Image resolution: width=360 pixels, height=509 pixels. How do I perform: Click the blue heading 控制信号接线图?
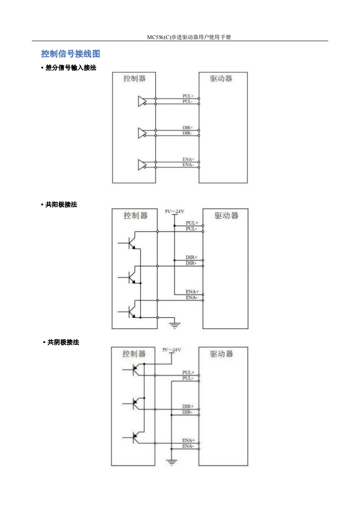(x=70, y=54)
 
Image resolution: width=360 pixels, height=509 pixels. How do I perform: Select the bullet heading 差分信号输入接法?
(x=71, y=68)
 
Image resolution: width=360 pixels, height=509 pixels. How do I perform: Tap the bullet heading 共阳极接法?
(x=61, y=205)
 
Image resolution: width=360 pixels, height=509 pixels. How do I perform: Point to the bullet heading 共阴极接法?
(x=63, y=343)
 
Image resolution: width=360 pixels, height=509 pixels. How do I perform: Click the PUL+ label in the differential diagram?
(x=188, y=96)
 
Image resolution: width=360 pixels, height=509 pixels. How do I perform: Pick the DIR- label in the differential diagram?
(x=187, y=133)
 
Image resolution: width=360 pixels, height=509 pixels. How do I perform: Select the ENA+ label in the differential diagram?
(x=188, y=159)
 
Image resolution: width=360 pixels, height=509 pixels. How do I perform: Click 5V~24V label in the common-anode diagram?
(x=175, y=211)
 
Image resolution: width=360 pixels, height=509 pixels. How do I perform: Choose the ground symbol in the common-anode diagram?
(x=174, y=324)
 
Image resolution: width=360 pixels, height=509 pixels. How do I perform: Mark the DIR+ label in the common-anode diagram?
(x=192, y=257)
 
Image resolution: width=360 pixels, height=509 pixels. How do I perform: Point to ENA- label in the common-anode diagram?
(x=192, y=297)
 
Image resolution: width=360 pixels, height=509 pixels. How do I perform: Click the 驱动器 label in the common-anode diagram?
(x=226, y=215)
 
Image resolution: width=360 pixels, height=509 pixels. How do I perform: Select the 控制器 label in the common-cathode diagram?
(x=134, y=353)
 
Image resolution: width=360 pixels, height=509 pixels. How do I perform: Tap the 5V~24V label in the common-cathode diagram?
(x=172, y=350)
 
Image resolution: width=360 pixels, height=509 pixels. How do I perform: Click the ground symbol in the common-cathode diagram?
(x=172, y=462)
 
